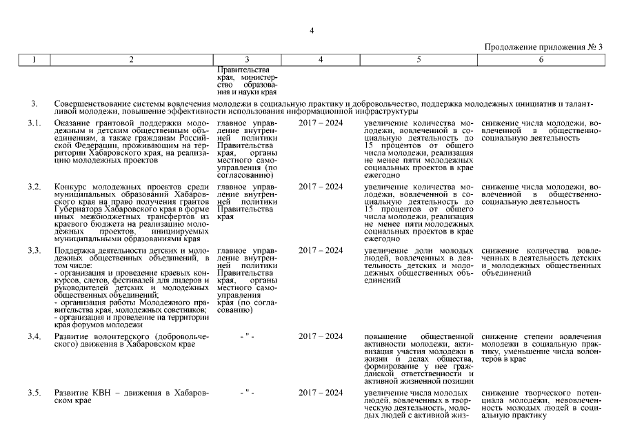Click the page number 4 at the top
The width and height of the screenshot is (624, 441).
point(312,30)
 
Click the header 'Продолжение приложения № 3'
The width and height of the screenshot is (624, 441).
point(543,48)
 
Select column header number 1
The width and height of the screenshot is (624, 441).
point(34,60)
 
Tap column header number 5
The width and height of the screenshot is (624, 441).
point(419,60)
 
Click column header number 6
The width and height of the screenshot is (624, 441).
point(541,60)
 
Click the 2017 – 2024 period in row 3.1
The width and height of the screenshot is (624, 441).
point(321,123)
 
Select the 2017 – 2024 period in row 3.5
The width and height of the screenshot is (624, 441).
point(321,393)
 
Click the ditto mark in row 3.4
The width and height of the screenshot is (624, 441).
point(247,336)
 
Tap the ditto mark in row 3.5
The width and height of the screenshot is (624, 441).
point(247,393)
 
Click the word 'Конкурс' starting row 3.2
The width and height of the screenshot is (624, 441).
point(70,187)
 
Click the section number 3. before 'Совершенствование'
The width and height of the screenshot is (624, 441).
point(33,104)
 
